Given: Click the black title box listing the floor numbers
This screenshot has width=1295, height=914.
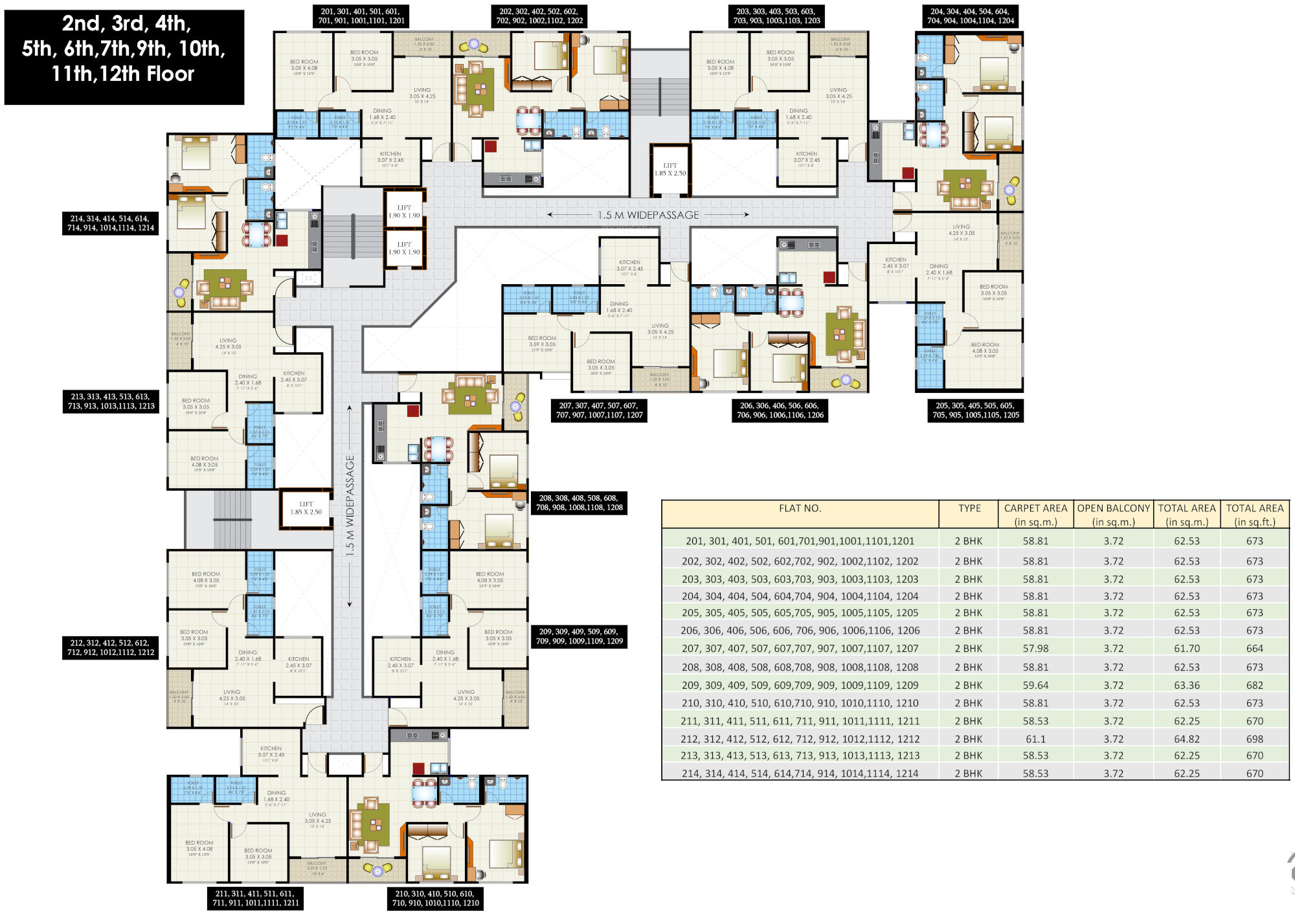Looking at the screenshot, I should click(x=124, y=57).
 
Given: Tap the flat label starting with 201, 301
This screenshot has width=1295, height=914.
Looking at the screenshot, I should click(x=361, y=16).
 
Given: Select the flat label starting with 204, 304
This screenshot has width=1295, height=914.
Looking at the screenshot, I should click(x=970, y=16).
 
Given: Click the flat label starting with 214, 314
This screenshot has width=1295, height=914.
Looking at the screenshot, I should click(x=110, y=223).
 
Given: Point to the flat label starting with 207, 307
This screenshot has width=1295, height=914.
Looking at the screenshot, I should click(x=599, y=410).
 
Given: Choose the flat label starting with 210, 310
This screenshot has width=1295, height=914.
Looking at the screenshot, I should click(x=435, y=898).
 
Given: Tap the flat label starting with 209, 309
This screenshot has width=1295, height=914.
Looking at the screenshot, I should click(x=579, y=636).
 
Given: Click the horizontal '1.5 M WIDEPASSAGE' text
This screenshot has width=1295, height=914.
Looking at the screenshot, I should click(x=648, y=215).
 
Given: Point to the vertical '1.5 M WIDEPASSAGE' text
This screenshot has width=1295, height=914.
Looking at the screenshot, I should click(x=350, y=506).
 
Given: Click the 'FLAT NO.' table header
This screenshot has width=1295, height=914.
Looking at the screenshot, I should click(x=800, y=509).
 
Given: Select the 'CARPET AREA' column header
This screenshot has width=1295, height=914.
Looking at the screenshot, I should click(x=1035, y=515).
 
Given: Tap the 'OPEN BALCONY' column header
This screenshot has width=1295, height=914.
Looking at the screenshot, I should click(x=1113, y=515).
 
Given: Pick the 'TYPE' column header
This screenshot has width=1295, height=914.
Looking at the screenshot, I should click(x=969, y=509).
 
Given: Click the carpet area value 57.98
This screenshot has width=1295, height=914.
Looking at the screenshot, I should click(x=1035, y=649).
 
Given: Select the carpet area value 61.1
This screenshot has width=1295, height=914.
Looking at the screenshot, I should click(x=1035, y=739).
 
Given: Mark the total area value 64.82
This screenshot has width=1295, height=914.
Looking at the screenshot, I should click(x=1187, y=739).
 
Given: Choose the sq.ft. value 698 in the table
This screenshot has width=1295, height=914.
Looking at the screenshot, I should click(x=1254, y=739).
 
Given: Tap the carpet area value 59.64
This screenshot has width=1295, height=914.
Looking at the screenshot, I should click(x=1035, y=685).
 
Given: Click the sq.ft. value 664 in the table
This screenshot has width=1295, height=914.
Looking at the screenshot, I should click(x=1254, y=649).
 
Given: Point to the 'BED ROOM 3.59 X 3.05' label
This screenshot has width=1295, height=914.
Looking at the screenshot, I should click(x=542, y=342).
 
